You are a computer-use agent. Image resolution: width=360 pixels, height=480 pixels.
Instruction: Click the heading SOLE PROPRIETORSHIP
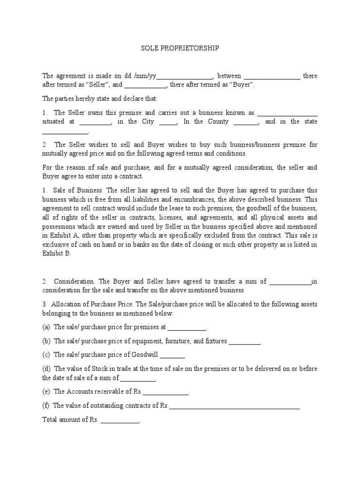point(180,48)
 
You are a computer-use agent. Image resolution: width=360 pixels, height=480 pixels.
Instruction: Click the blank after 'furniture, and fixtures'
point(244,342)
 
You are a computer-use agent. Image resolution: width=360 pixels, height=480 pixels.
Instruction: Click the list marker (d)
point(46,369)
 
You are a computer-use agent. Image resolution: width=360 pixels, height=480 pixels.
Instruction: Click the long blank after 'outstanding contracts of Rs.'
point(234,407)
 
